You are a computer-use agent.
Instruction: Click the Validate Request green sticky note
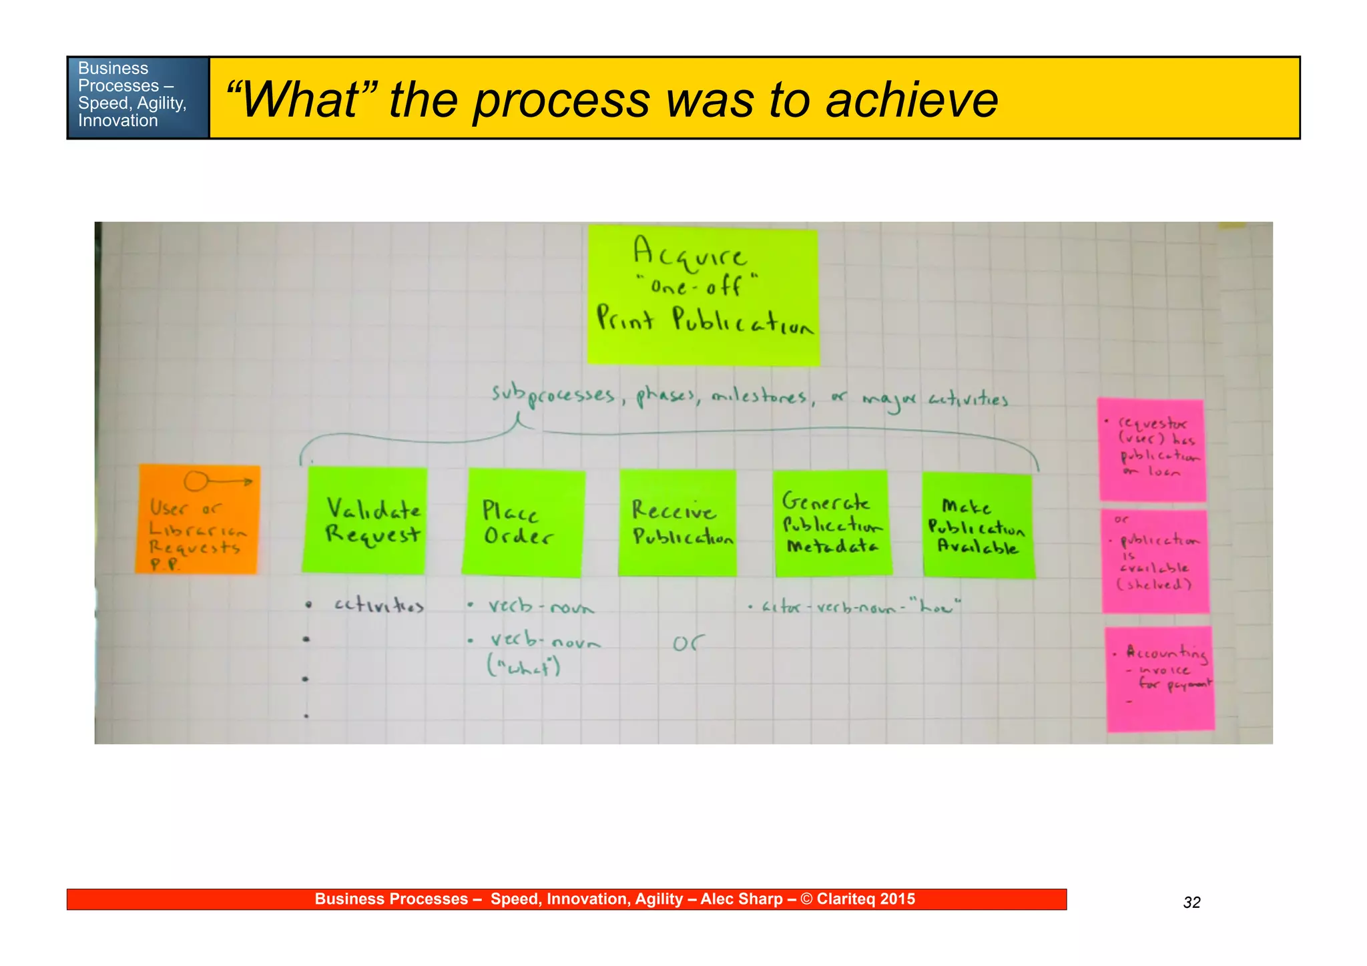tap(365, 520)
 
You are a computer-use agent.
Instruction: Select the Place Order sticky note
tap(523, 522)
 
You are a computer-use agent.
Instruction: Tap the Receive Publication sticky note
tap(677, 523)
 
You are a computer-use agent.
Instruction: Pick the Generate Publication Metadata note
tap(832, 523)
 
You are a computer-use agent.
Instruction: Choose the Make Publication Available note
tap(978, 525)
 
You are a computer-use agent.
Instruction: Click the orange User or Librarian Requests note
tap(198, 519)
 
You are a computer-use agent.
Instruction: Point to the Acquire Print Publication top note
tap(703, 295)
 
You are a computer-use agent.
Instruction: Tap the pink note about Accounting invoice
tap(1159, 678)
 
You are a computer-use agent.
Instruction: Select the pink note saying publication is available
tap(1155, 561)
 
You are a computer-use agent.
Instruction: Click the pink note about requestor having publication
tap(1153, 449)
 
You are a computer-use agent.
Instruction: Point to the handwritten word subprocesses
tap(552, 395)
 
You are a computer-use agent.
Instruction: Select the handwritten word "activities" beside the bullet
tap(378, 605)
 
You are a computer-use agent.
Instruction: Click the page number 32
tap(1191, 903)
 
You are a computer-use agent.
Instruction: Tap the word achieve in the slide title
tap(911, 100)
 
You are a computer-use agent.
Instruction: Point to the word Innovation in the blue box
tap(117, 121)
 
